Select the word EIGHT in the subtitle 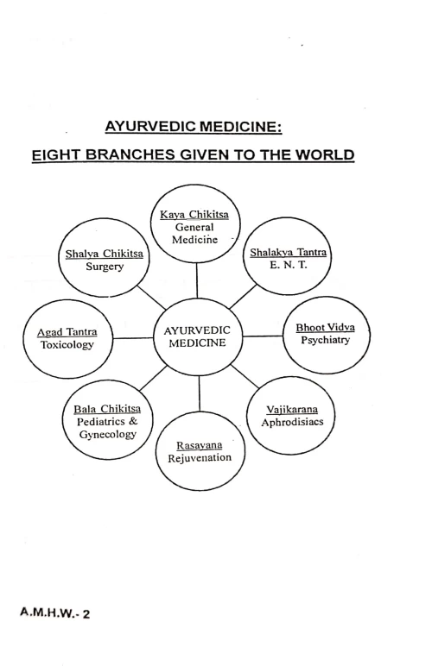coord(58,156)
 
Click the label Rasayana coord(199,443)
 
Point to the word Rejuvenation coord(199,457)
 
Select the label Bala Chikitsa coord(108,407)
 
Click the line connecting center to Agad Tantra coord(133,338)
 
